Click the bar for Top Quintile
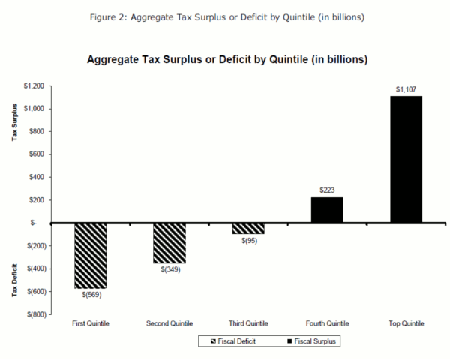406,159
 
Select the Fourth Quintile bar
326,210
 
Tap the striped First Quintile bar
90,255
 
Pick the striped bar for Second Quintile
169,243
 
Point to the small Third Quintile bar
247,228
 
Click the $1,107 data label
406,89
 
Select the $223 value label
326,190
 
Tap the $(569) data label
91,294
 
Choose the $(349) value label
169,269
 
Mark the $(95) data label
248,240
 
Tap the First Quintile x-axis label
90,323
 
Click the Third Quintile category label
247,323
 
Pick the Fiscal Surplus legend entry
309,340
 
